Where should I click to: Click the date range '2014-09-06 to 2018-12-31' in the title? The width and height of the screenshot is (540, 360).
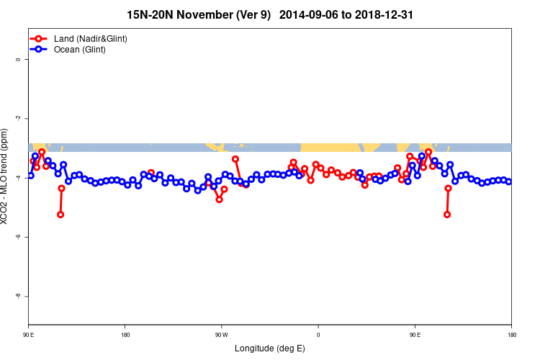346,14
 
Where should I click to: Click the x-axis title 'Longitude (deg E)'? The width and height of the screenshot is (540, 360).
270,348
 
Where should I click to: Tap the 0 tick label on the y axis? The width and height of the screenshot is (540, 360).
18,60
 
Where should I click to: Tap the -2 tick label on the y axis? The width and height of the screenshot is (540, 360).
18,118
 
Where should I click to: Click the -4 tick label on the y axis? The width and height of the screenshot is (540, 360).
18,177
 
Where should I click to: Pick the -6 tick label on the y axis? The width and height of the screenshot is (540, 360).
18,237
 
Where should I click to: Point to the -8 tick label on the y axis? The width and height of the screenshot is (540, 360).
18,296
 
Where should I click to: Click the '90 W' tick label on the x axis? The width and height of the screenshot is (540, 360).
221,335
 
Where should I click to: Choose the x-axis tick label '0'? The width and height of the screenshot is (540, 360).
318,335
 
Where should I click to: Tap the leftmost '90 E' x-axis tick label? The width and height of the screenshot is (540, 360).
29,335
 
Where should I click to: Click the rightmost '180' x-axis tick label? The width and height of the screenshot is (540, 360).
511,335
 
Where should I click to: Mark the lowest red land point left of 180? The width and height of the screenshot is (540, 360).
60,215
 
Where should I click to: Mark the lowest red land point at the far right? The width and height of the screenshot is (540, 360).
447,215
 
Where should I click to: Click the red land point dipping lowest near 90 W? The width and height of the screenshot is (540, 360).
219,199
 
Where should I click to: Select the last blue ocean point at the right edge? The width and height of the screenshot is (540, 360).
509,181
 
